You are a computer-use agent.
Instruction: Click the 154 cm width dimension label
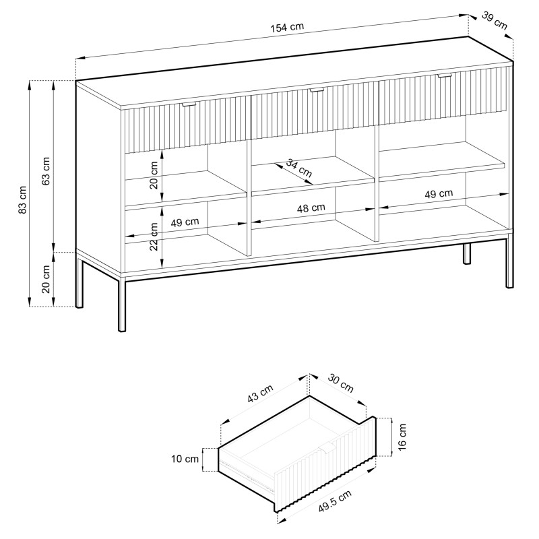(x=287, y=27)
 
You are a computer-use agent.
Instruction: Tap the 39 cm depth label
(x=495, y=21)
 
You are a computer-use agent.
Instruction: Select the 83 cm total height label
(x=23, y=199)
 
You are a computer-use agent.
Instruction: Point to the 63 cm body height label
(x=46, y=171)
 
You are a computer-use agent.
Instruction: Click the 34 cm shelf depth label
(x=298, y=167)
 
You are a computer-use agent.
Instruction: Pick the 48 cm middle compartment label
(x=311, y=208)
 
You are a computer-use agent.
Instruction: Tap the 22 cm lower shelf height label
(x=154, y=236)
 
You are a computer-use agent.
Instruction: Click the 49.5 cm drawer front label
(x=335, y=501)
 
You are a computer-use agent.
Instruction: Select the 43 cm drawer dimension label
(x=260, y=393)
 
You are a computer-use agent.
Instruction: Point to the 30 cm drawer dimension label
(x=341, y=383)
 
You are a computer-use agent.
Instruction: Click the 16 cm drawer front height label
(x=402, y=436)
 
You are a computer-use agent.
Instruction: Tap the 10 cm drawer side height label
(x=185, y=459)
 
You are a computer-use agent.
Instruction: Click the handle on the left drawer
(x=189, y=104)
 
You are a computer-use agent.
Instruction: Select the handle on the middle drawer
(x=316, y=90)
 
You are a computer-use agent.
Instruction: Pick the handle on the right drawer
(x=445, y=75)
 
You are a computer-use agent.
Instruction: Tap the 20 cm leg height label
(x=46, y=279)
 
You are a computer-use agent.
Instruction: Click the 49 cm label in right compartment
(x=439, y=194)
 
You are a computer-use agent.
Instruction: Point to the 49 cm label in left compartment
(x=185, y=222)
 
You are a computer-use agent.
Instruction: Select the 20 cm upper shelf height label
(x=154, y=175)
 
